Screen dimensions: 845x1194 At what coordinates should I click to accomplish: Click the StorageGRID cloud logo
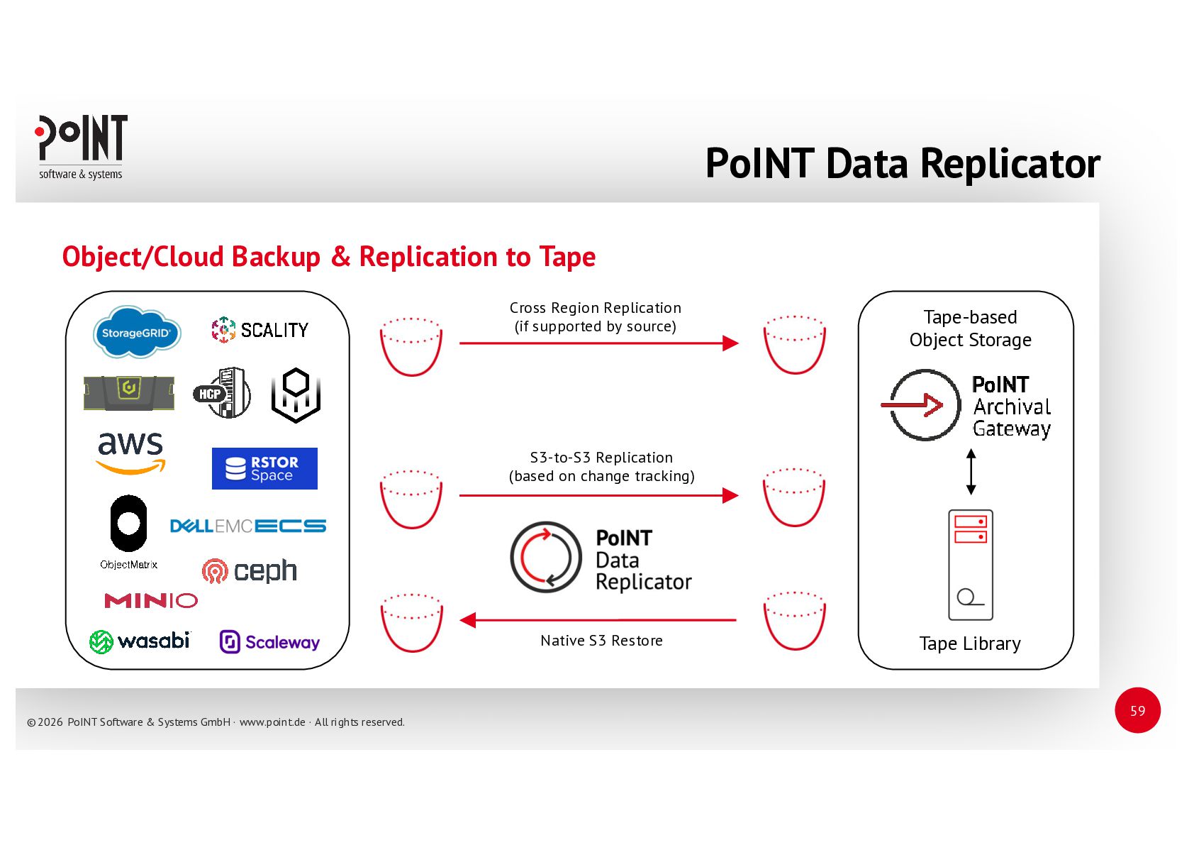pyautogui.click(x=137, y=332)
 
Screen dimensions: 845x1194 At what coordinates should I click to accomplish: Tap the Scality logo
pyautogui.click(x=260, y=330)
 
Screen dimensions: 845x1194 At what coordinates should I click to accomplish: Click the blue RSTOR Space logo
pyautogui.click(x=264, y=468)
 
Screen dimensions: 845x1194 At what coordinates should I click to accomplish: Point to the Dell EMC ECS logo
pyautogui.click(x=248, y=526)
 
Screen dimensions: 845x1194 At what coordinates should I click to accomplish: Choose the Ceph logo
pyautogui.click(x=250, y=570)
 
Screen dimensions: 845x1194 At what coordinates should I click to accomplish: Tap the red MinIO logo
pyautogui.click(x=151, y=601)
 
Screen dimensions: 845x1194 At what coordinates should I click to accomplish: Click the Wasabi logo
pyautogui.click(x=140, y=641)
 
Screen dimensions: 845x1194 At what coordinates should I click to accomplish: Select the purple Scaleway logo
pyautogui.click(x=269, y=642)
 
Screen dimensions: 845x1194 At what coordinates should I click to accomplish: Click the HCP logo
pyautogui.click(x=222, y=393)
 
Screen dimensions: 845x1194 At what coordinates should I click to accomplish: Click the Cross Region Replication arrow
pyautogui.click(x=598, y=343)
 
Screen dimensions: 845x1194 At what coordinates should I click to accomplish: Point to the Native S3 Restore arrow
pyautogui.click(x=598, y=620)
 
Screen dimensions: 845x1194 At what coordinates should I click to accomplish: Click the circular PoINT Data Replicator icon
pyautogui.click(x=546, y=557)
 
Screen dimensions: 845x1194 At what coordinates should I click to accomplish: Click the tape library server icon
pyautogui.click(x=971, y=565)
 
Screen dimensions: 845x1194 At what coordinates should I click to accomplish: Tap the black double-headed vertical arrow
pyautogui.click(x=971, y=471)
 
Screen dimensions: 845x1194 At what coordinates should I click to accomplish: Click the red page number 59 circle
pyautogui.click(x=1137, y=710)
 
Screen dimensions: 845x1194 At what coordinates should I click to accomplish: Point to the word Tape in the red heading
pyautogui.click(x=567, y=257)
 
